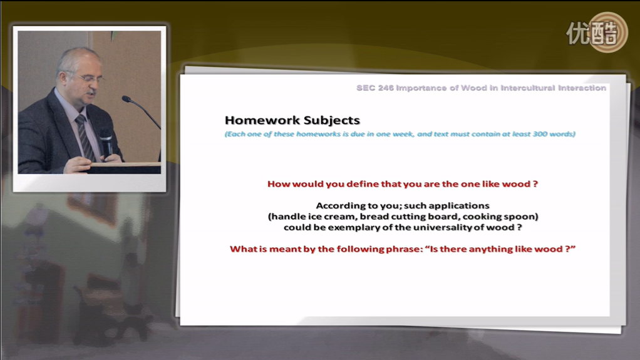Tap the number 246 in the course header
click(386, 88)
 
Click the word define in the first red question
click(363, 184)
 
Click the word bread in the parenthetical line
click(372, 217)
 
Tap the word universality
click(442, 227)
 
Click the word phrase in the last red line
click(404, 249)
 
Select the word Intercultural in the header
click(528, 88)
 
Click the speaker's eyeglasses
click(86, 77)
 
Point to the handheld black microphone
click(106, 144)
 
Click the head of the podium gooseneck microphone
click(126, 99)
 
